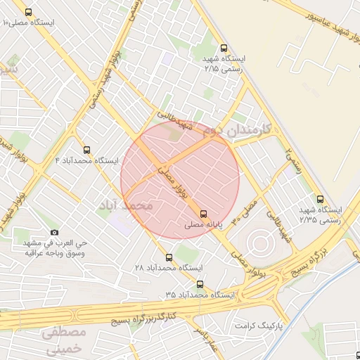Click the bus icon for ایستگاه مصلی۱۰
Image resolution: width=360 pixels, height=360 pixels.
[28, 13]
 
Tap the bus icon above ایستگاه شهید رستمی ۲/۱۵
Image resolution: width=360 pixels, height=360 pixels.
[224, 49]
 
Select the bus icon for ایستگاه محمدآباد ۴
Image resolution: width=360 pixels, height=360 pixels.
[87, 150]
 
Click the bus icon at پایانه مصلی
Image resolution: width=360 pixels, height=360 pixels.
[204, 213]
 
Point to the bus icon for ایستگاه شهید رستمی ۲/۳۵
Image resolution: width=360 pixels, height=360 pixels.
[321, 199]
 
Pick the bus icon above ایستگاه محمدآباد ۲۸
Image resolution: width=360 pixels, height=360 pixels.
[169, 257]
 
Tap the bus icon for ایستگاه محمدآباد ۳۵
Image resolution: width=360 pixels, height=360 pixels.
[200, 285]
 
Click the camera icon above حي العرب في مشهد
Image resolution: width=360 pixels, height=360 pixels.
[55, 232]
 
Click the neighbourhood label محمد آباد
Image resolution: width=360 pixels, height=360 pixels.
[127, 206]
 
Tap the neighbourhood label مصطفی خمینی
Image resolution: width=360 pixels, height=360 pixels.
[63, 339]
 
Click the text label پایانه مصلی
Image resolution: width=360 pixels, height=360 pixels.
[204, 226]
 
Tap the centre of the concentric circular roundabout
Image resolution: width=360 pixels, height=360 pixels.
[258, 244]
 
